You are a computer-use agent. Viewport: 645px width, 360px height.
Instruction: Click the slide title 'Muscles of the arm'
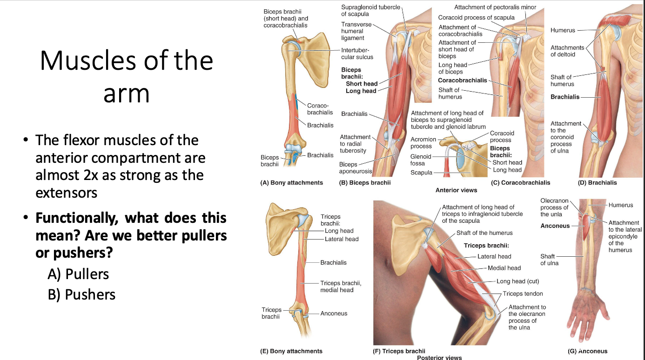(x=126, y=77)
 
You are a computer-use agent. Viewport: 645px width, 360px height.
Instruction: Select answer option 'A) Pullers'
(x=78, y=274)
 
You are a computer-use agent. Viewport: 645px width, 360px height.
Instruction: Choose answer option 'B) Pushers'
(x=81, y=294)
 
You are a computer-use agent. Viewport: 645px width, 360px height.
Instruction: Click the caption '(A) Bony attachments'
(x=291, y=183)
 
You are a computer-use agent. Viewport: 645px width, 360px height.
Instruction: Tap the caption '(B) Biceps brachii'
(x=365, y=183)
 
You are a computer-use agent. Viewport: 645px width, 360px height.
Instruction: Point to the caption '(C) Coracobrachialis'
(x=520, y=183)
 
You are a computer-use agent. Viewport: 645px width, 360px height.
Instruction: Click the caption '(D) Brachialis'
(x=597, y=183)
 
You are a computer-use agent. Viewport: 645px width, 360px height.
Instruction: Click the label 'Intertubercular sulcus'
(x=357, y=53)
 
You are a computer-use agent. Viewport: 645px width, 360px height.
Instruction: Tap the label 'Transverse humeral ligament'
(x=356, y=31)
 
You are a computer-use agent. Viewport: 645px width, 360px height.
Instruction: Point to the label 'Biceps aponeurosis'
(x=355, y=168)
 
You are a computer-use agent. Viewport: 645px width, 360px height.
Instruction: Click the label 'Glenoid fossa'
(x=421, y=160)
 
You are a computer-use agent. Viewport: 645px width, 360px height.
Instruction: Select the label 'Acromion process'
(x=423, y=143)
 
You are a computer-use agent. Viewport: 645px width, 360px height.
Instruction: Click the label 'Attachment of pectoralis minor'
(x=495, y=7)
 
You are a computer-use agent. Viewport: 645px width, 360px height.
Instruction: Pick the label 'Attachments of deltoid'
(x=567, y=51)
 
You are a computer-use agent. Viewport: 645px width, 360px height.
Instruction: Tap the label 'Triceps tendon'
(x=523, y=294)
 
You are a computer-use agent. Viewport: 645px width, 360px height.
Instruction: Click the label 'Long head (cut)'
(x=517, y=281)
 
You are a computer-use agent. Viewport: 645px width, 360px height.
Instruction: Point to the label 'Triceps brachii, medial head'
(x=340, y=287)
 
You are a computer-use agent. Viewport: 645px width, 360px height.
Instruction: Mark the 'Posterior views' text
(x=439, y=358)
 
